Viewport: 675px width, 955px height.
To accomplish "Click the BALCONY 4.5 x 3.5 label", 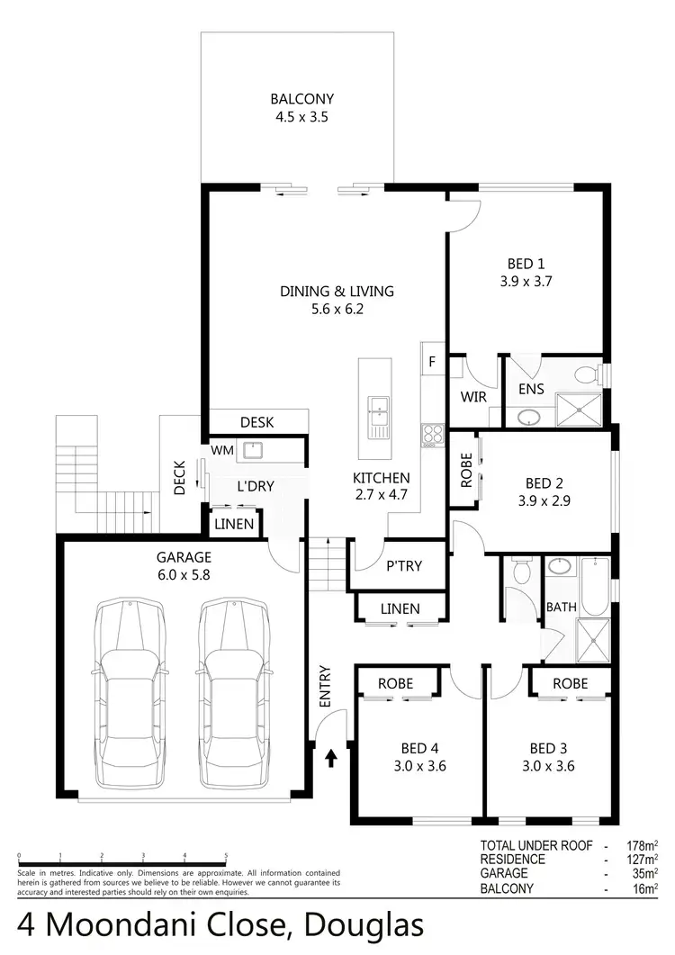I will click(x=296, y=108).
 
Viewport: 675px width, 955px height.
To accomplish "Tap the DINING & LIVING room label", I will click(x=337, y=300).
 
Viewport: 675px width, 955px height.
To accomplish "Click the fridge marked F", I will click(x=432, y=363).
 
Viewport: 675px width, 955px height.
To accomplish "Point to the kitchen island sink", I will click(x=376, y=416).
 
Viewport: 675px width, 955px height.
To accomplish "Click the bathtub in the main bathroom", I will click(x=594, y=584).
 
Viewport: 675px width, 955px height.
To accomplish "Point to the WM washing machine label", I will click(x=221, y=448).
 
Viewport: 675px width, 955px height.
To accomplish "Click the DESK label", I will click(x=256, y=422).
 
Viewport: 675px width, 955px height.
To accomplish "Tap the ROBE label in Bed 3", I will click(x=570, y=683).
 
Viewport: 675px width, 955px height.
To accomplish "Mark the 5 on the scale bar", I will click(x=226, y=856).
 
